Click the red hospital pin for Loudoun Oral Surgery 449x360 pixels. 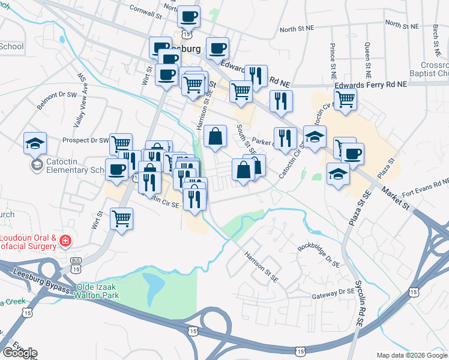[65, 242]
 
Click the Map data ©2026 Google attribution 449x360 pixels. [411, 355]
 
